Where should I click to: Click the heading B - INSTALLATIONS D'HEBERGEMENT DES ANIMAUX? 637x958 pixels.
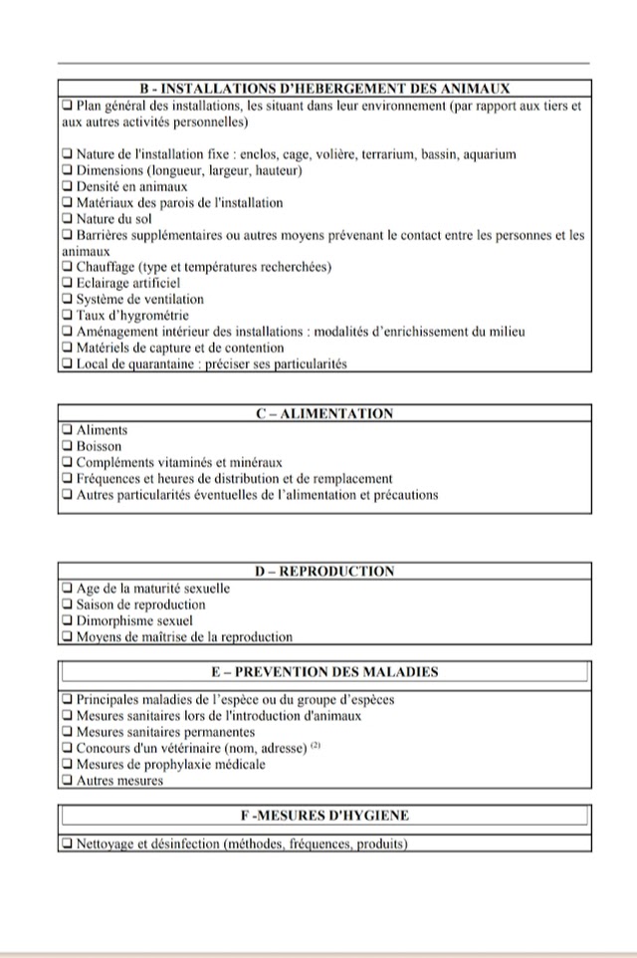click(x=324, y=89)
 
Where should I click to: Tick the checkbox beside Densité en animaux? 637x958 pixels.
click(x=68, y=186)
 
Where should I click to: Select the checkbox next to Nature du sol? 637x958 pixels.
click(x=68, y=218)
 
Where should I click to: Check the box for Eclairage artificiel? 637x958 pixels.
click(x=68, y=283)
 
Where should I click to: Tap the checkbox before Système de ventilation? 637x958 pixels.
click(x=68, y=299)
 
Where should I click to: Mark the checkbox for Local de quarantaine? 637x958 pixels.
click(x=68, y=363)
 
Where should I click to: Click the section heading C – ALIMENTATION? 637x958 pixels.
click(x=324, y=413)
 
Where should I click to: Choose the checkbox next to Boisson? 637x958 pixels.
click(x=68, y=446)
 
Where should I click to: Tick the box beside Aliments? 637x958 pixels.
click(x=68, y=430)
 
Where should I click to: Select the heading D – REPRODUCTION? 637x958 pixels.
click(x=324, y=572)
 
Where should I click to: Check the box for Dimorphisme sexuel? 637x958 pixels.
click(x=68, y=620)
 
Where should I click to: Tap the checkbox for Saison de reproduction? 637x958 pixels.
click(x=68, y=604)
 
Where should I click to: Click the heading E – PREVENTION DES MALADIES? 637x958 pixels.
click(x=324, y=672)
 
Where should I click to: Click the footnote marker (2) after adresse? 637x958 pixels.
click(x=315, y=745)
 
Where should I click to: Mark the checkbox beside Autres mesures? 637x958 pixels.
click(x=68, y=781)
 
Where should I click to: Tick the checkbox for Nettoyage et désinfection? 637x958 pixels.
click(x=68, y=844)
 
